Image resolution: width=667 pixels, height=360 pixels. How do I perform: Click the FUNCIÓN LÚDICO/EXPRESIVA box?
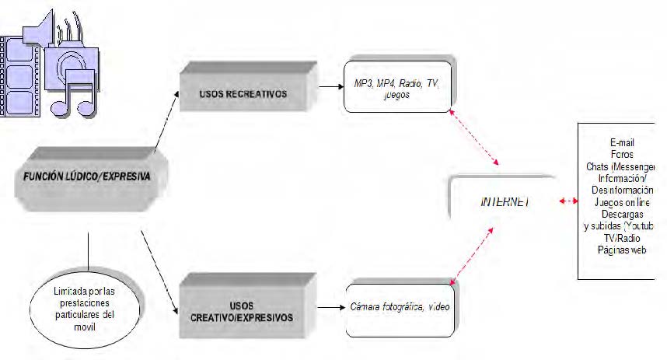[81, 177]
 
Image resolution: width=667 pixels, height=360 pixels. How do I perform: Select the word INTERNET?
[505, 201]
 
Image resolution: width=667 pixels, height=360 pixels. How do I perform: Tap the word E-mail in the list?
[622, 142]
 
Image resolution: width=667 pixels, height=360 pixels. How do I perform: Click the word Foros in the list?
[622, 154]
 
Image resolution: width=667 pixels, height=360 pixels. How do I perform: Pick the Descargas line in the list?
[621, 214]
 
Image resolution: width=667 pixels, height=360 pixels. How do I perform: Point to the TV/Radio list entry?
[622, 237]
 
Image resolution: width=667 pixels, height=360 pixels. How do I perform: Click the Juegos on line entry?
[622, 201]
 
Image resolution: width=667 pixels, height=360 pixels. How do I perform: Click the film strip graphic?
[19, 74]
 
